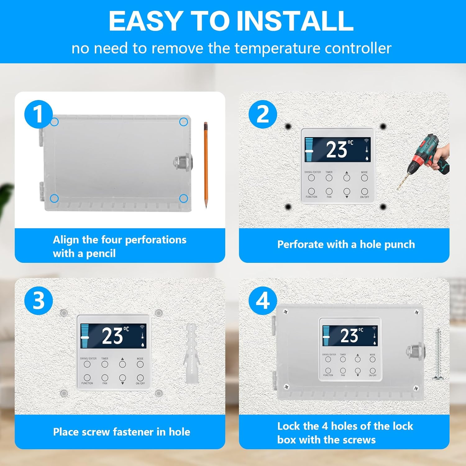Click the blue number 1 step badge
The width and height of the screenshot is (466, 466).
click(38, 114)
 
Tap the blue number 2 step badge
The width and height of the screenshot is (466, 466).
click(263, 114)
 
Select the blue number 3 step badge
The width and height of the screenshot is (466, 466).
click(38, 300)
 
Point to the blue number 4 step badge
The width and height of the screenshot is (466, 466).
click(263, 300)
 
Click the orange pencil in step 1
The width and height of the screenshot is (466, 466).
click(205, 165)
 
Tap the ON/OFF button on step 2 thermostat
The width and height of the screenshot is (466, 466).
click(365, 191)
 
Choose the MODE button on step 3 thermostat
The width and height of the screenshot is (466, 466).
click(140, 364)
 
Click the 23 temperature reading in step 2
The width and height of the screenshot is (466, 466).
click(337, 150)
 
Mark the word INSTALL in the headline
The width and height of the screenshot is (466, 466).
click(295, 21)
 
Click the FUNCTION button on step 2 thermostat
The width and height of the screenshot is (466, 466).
click(311, 191)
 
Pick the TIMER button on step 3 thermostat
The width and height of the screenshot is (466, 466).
click(105, 364)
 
